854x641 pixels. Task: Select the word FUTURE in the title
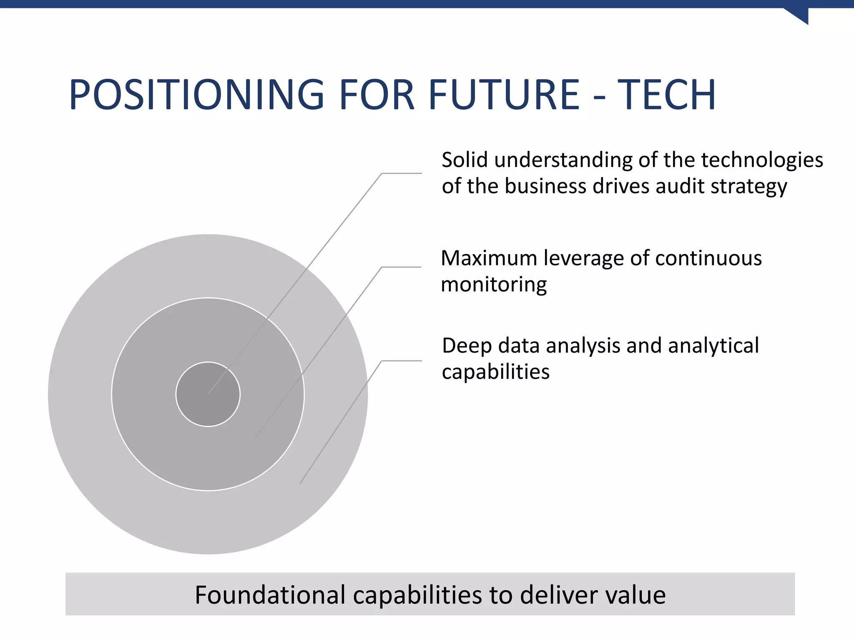pyautogui.click(x=504, y=95)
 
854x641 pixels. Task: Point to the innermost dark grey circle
pyautogui.click(x=208, y=394)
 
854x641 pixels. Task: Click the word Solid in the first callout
pyautogui.click(x=465, y=160)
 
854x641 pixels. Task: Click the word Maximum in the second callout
pyautogui.click(x=490, y=258)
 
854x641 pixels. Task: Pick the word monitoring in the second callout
pyautogui.click(x=494, y=285)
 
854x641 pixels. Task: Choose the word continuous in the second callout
pyautogui.click(x=708, y=258)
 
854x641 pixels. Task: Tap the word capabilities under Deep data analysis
pyautogui.click(x=495, y=372)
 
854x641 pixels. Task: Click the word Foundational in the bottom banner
pyautogui.click(x=270, y=595)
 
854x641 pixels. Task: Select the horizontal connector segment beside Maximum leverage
pyautogui.click(x=401, y=267)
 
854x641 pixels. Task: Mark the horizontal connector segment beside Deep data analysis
pyautogui.click(x=402, y=361)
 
